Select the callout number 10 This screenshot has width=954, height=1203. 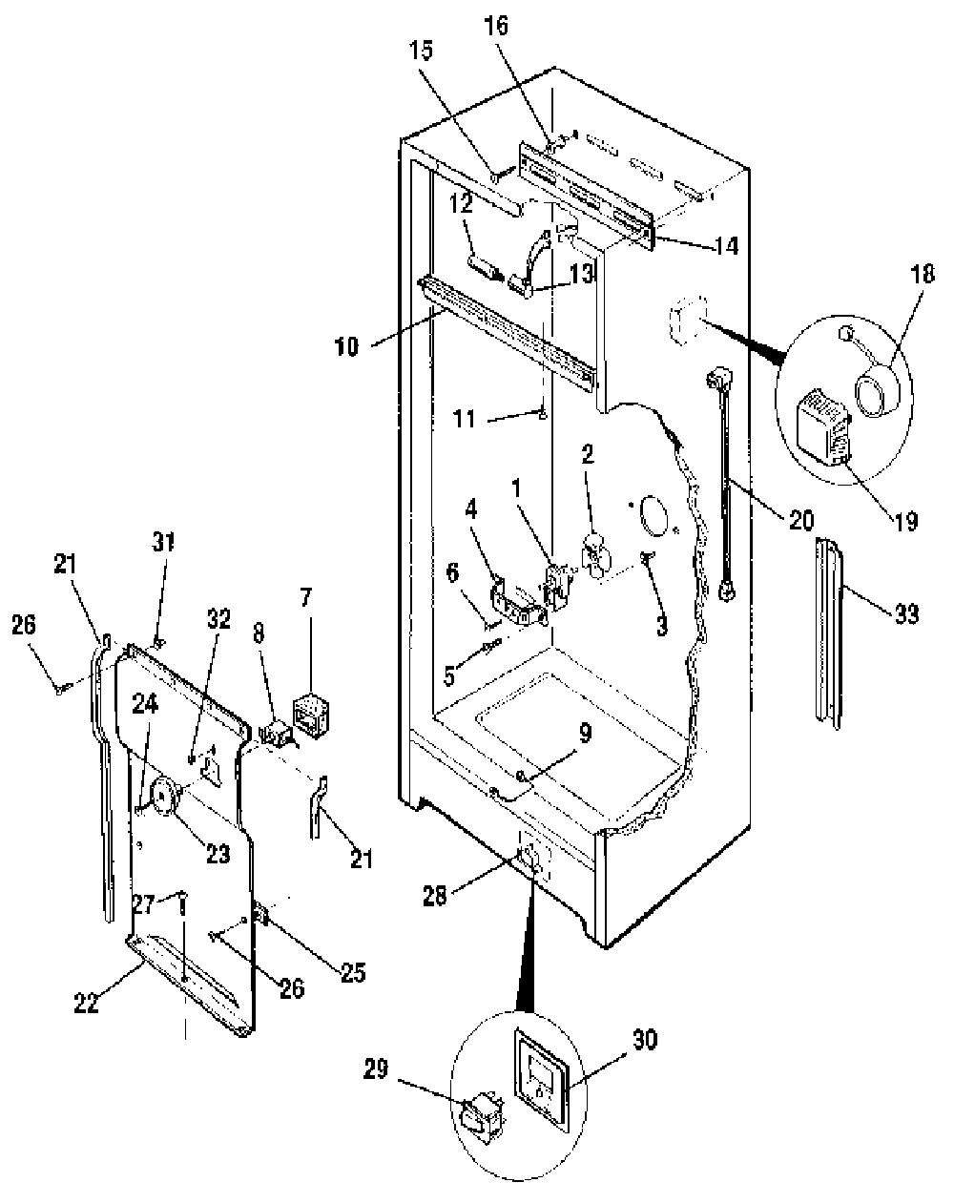coord(346,347)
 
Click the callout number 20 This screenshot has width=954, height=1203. coord(799,521)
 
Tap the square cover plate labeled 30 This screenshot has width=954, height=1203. coord(541,1065)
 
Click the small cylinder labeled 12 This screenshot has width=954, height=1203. coord(484,267)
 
